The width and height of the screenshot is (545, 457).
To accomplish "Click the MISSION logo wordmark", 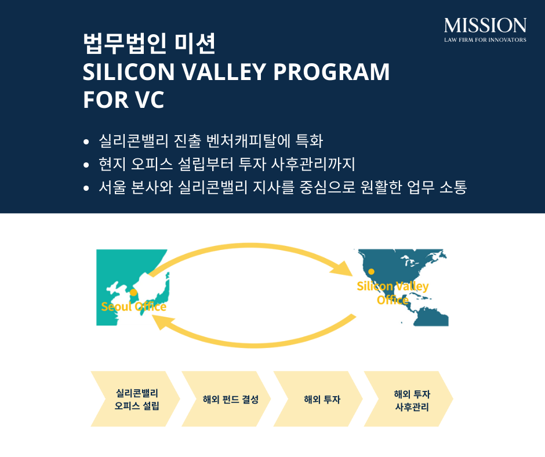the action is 485,26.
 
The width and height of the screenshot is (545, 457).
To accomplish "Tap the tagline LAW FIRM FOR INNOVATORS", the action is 485,39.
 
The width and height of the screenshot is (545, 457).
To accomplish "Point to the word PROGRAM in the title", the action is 331,72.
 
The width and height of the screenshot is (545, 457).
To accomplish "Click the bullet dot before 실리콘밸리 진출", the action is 86,142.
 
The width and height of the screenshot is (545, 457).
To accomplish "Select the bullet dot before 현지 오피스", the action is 86,165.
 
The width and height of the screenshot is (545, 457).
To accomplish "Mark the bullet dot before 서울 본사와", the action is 86,188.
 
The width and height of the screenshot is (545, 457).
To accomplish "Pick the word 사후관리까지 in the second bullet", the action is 313,164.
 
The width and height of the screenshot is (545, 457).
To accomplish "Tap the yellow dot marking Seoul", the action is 133,292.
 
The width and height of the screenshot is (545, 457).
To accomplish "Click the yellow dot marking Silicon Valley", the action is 371,271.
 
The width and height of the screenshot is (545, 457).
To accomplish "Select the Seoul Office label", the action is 134,306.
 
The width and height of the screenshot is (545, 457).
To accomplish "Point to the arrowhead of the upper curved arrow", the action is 342,269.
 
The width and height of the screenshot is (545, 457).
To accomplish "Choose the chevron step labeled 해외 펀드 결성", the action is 226,399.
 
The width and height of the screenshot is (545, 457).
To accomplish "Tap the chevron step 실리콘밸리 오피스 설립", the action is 136,399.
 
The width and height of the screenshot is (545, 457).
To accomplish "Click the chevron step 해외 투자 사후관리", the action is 409,399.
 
